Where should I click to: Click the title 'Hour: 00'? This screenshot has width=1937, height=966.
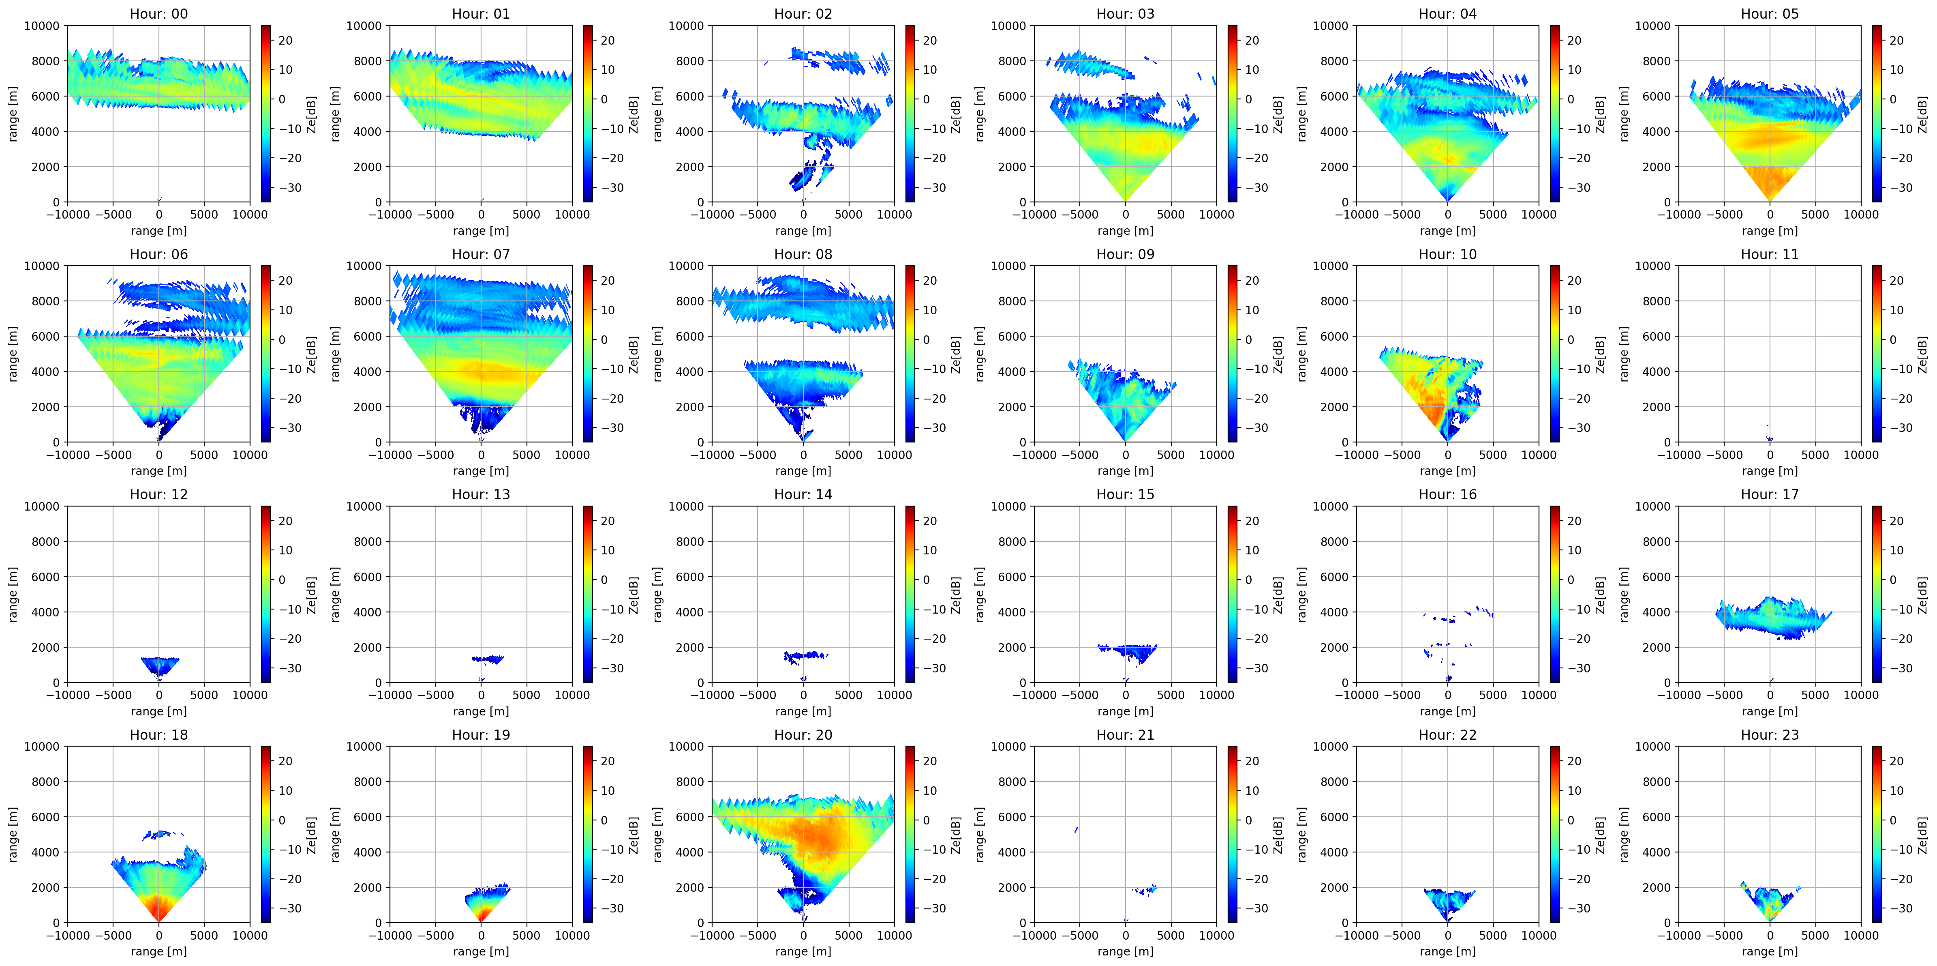[158, 13]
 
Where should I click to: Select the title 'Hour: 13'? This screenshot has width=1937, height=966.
[480, 494]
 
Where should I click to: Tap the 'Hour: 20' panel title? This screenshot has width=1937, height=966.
[803, 734]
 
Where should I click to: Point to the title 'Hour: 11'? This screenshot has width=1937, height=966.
[1769, 254]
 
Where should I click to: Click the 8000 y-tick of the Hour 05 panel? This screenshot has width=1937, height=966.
[1654, 61]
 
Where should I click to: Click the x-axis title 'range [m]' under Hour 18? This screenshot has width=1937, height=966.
[158, 951]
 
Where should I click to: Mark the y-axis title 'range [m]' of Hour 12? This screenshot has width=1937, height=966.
[13, 595]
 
